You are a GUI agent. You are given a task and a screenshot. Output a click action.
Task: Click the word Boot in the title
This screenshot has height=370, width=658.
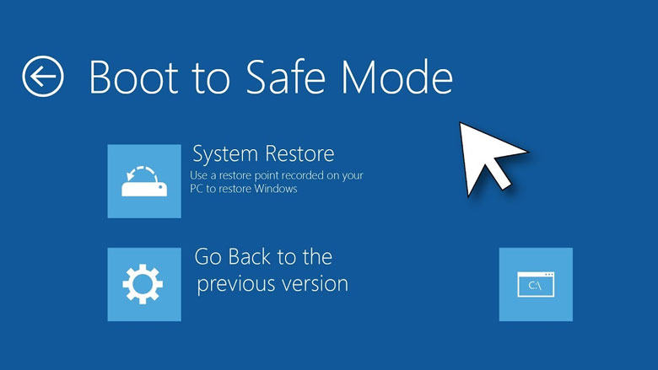[x=127, y=77]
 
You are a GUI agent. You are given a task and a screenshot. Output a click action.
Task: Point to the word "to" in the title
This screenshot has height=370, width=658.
[x=202, y=78]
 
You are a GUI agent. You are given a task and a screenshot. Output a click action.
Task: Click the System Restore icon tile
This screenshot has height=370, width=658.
[x=144, y=181]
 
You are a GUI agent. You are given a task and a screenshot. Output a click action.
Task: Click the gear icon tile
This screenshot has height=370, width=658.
[x=144, y=284]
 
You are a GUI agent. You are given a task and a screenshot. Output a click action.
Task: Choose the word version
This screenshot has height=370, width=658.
[x=317, y=283]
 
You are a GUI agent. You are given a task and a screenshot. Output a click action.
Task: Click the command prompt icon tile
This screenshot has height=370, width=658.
[x=536, y=284]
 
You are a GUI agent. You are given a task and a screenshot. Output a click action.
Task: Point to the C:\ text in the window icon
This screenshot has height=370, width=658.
[x=535, y=287]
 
